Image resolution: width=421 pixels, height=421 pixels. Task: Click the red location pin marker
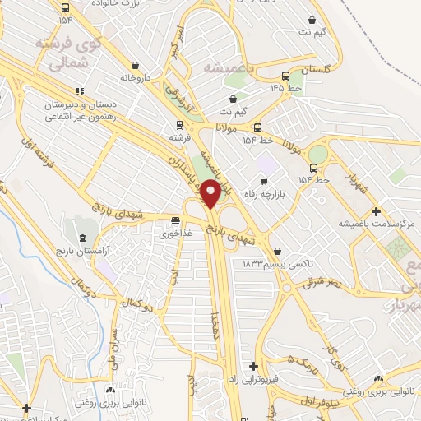[x=210, y=193]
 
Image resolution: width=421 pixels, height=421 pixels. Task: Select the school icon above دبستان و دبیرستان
[x=80, y=92]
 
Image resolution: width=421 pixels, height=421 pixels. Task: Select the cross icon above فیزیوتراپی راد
[x=254, y=366]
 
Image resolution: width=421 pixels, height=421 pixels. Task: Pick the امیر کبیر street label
[x=175, y=41]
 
